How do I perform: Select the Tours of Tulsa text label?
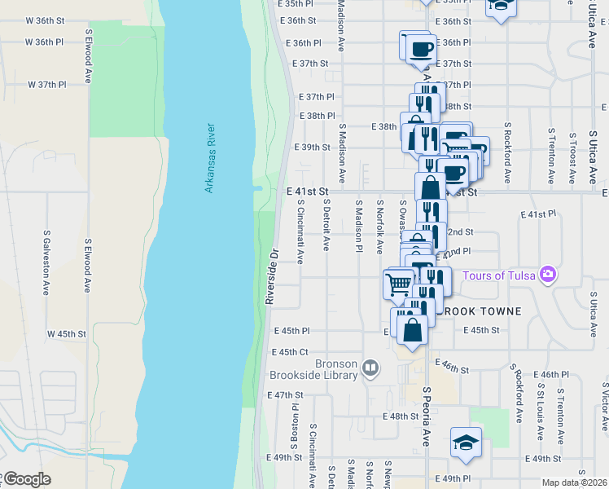click(x=499, y=275)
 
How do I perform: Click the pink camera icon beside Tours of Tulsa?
click(x=549, y=274)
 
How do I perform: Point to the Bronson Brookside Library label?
click(x=314, y=370)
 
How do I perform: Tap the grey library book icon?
click(x=370, y=368)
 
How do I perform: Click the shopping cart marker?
click(x=398, y=284)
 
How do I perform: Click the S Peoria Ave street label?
click(x=425, y=416)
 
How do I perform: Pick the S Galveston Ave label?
click(x=46, y=262)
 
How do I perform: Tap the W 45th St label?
click(x=66, y=334)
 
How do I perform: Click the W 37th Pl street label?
click(x=46, y=85)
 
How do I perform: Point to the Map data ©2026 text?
click(x=573, y=482)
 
